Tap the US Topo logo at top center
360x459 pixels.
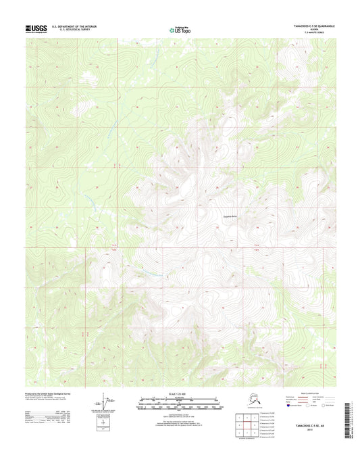(x=180, y=29)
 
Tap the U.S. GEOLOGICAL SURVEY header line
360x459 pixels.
(x=71, y=30)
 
